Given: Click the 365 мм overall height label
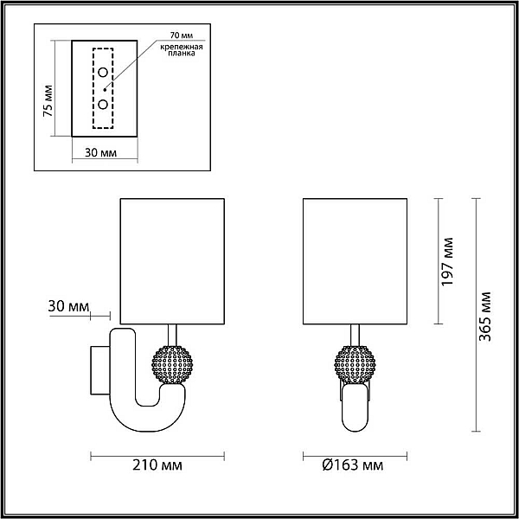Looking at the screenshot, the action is [x=485, y=316].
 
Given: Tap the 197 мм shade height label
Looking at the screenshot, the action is [x=447, y=261].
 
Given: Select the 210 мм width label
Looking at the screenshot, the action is [x=157, y=465].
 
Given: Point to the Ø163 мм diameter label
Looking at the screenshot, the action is [x=353, y=465].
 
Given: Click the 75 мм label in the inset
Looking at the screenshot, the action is [x=48, y=101].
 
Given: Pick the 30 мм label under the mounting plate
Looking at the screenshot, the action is [x=101, y=152].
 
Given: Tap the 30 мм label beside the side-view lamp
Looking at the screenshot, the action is [x=68, y=306].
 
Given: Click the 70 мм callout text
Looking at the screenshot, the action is [x=182, y=35].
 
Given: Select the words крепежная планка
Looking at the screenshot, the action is [x=182, y=49].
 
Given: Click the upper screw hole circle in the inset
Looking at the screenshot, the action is [x=103, y=72].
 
